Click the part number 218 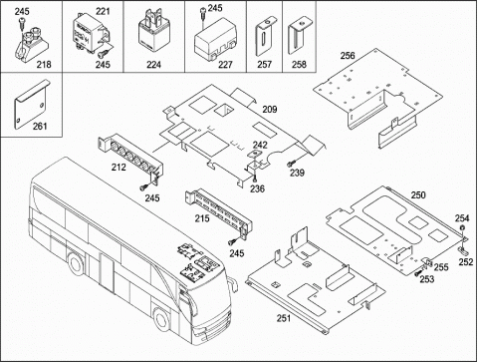pyautogui.click(x=44, y=64)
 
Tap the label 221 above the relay pyautogui.click(x=103, y=11)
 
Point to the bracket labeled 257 pyautogui.click(x=264, y=37)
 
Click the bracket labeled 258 pyautogui.click(x=300, y=36)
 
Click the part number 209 pyautogui.click(x=270, y=109)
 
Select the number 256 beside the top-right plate pyautogui.click(x=348, y=56)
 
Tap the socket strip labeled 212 pyautogui.click(x=130, y=155)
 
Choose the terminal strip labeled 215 pyautogui.click(x=218, y=211)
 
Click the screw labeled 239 pyautogui.click(x=292, y=164)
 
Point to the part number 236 pyautogui.click(x=257, y=188)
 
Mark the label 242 pyautogui.click(x=260, y=145)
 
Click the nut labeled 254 pyautogui.click(x=462, y=227)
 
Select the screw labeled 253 pyautogui.click(x=418, y=273)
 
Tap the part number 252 pyautogui.click(x=466, y=262)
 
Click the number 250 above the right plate pyautogui.click(x=418, y=194)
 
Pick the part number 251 pyautogui.click(x=284, y=318)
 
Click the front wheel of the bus pyautogui.click(x=162, y=320)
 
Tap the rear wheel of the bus pyautogui.click(x=77, y=264)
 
